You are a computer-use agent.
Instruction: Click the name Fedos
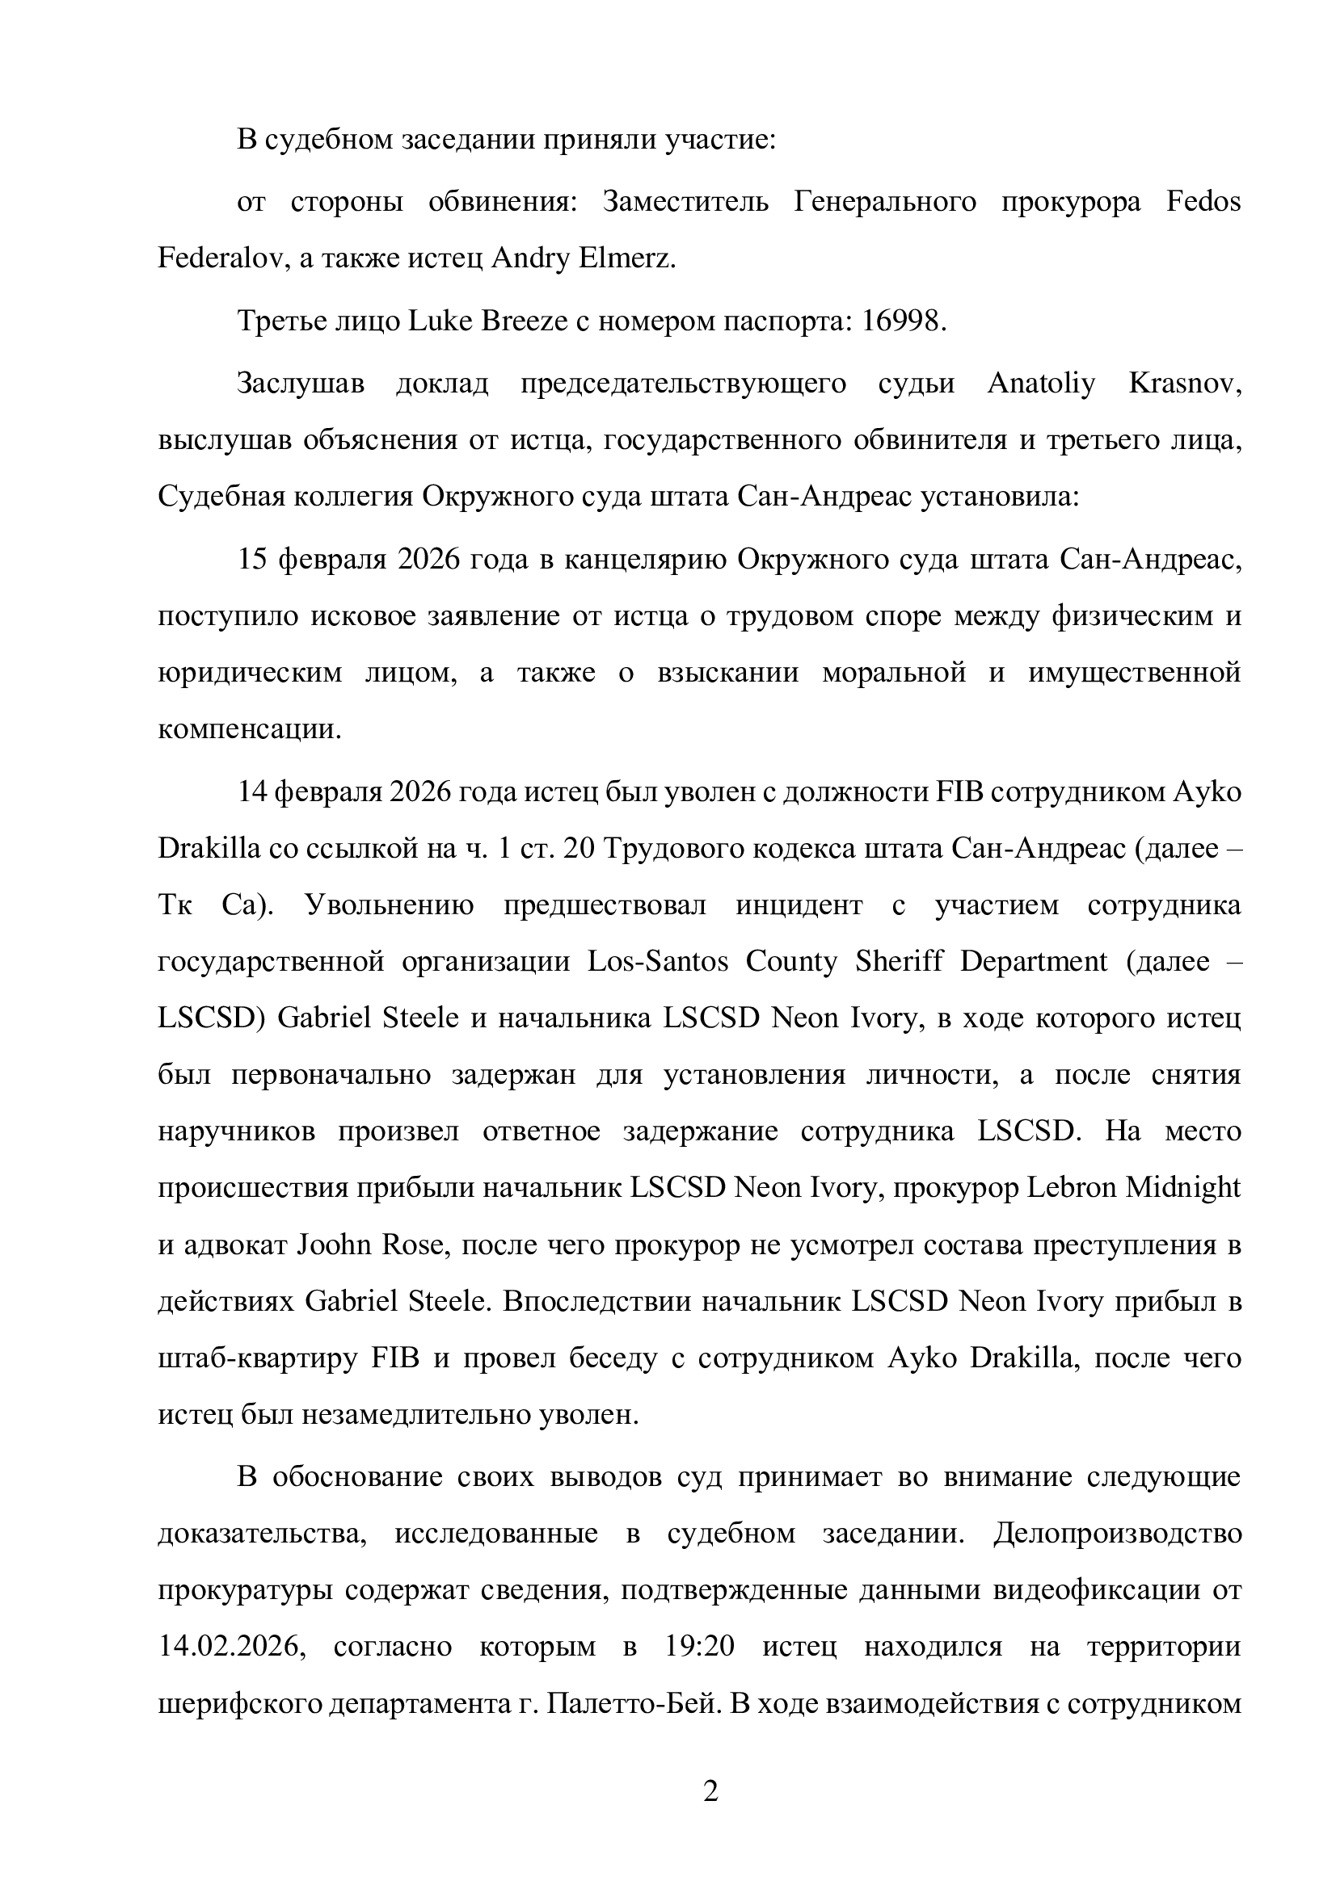point(1203,202)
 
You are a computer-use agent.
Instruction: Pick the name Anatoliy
point(1042,384)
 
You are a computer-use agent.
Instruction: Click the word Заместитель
point(685,202)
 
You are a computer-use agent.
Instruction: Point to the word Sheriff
point(900,961)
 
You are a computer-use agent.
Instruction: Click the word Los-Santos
point(658,961)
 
